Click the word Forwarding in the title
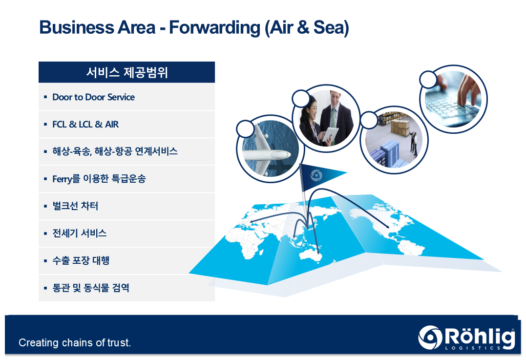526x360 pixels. pos(214,27)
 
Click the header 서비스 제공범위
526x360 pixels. pos(127,72)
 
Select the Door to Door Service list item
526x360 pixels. pos(93,97)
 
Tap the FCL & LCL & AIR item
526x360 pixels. pos(85,125)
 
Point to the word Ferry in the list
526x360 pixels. pos(62,179)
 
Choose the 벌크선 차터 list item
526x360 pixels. pos(75,206)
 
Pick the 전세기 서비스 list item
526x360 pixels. pos(80,233)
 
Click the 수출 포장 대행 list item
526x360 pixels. pos(81,260)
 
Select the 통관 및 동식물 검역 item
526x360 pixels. pos(91,288)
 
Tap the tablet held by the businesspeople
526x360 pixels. pos(330,134)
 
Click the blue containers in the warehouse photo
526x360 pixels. pos(386,155)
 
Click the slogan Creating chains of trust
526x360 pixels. pos(75,342)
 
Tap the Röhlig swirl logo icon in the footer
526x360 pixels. pos(430,338)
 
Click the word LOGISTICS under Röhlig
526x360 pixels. pos(473,348)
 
